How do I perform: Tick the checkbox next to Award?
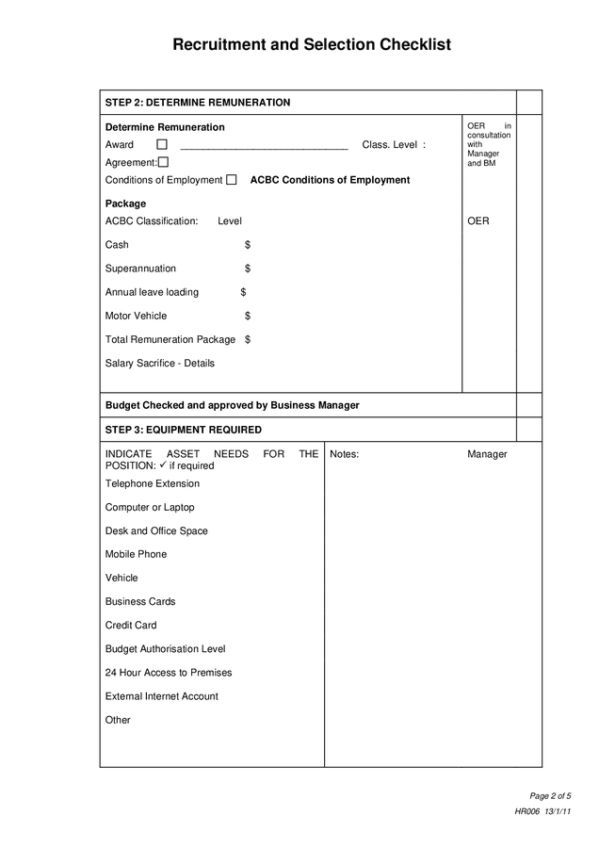[162, 145]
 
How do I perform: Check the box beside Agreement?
[163, 162]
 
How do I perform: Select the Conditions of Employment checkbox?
[232, 180]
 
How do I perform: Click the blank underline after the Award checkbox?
[264, 146]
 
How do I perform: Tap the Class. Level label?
[393, 145]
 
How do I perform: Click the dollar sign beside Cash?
[247, 245]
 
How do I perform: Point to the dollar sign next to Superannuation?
[247, 269]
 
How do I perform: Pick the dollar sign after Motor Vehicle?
[247, 316]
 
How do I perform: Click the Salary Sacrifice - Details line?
[159, 364]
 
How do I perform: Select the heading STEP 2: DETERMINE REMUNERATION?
[198, 103]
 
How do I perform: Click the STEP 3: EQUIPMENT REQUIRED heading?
[184, 430]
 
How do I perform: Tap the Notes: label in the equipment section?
[344, 454]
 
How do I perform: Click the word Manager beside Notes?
[487, 454]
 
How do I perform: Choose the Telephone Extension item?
[152, 483]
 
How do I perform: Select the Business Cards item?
[139, 601]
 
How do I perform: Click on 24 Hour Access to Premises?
[168, 673]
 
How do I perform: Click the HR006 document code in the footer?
[526, 812]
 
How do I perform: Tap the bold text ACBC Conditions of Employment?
[330, 180]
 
